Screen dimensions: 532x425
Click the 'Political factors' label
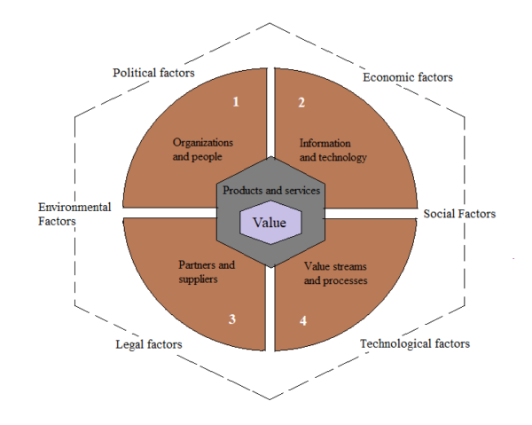point(153,73)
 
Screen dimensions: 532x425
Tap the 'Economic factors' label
point(408,77)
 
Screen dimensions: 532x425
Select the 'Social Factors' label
point(459,214)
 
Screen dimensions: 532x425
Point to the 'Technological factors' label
point(415,344)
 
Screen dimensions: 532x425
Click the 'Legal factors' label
point(149,344)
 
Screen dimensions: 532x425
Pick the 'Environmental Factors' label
point(74,214)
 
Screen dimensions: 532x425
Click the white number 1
point(236,102)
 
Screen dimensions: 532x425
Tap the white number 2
point(301,103)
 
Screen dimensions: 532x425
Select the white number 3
point(232,319)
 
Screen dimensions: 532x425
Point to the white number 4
point(303,321)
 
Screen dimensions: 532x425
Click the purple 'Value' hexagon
point(270,223)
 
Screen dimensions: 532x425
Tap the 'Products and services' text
point(271,191)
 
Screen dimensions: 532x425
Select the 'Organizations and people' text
point(203,149)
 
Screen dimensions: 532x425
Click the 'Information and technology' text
point(333,150)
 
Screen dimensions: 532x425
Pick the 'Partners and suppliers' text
point(207,272)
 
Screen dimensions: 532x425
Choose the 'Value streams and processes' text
point(335,273)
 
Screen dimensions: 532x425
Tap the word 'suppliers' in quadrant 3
point(198,279)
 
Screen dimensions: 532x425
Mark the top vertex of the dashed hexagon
point(270,23)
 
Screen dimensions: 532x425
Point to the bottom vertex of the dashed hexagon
point(270,399)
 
